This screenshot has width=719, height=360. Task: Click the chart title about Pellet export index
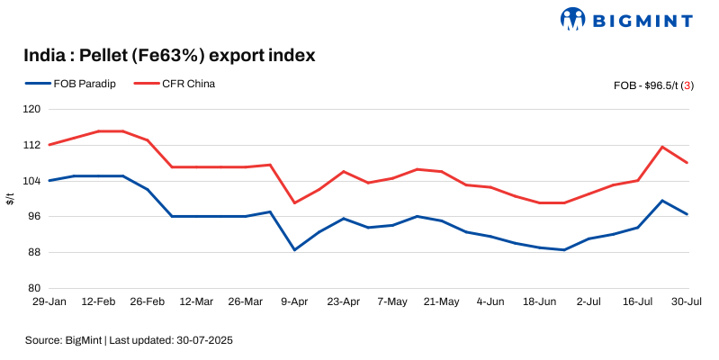click(169, 56)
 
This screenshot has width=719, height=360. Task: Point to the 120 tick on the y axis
click(32, 110)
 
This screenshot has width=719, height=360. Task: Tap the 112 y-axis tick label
click(32, 145)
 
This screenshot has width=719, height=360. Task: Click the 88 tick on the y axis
click(35, 252)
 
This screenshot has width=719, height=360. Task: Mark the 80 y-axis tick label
click(35, 288)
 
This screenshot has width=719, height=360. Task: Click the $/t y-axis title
click(10, 199)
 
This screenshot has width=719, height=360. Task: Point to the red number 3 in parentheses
click(688, 85)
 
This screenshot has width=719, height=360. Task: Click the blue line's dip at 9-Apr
click(295, 250)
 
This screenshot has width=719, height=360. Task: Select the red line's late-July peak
click(662, 147)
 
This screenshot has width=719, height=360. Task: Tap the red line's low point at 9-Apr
click(295, 202)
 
